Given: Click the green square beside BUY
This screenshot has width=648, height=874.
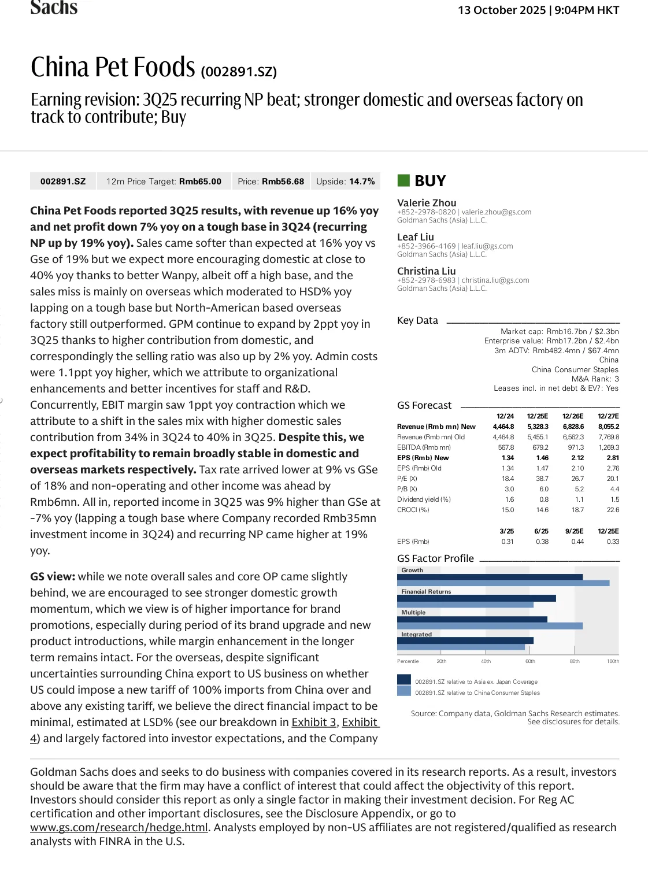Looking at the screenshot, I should [x=403, y=180].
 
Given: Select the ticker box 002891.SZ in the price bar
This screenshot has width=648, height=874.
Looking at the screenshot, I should [x=63, y=182].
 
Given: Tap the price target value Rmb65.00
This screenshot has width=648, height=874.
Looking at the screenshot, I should [x=200, y=182].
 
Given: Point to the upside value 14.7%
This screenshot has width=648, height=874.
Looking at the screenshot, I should [x=362, y=182].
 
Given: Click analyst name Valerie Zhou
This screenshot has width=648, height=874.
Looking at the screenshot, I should [x=427, y=203].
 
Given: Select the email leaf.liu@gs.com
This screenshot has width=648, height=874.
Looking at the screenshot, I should [x=487, y=246].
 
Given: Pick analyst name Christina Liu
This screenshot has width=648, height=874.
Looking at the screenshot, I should [x=426, y=271].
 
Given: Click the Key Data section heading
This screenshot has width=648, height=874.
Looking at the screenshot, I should [x=417, y=320].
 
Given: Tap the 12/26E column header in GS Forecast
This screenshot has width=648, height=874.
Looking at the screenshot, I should [x=573, y=416].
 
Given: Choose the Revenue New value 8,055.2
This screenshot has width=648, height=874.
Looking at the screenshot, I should [x=608, y=427].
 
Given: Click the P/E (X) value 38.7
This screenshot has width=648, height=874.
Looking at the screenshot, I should [x=542, y=479].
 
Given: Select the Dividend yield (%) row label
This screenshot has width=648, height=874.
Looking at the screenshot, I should [x=424, y=499].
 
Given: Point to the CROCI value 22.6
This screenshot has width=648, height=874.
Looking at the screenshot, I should [x=613, y=510].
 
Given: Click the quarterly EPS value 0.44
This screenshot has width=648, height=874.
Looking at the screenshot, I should [x=577, y=542].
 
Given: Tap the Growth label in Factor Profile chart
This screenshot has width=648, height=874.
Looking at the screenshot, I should [x=412, y=570].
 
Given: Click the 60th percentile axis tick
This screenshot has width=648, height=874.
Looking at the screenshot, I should [x=530, y=661].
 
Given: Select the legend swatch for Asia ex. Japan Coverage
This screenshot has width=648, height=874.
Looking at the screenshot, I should [x=404, y=680].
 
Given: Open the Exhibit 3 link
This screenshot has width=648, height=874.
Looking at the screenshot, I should [x=314, y=722].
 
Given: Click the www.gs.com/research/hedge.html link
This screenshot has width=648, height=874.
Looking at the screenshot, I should [x=119, y=827].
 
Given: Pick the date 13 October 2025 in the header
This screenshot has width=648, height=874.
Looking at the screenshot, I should [x=502, y=10].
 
